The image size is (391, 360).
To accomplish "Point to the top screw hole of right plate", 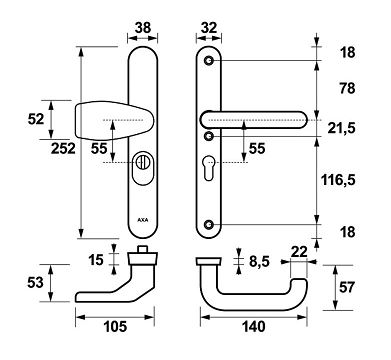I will pyautogui.click(x=208, y=62).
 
